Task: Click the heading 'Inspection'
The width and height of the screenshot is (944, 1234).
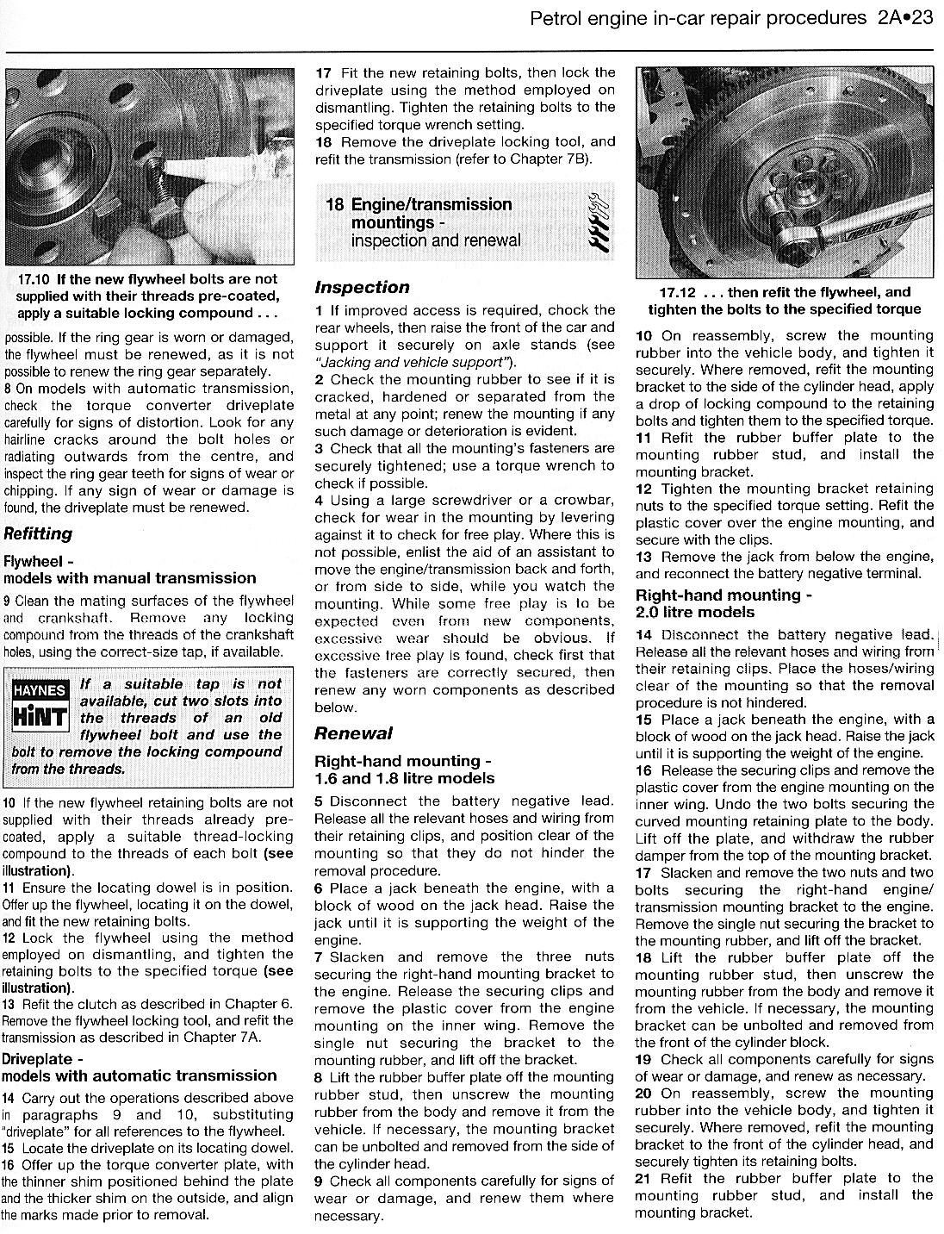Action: pos(362,287)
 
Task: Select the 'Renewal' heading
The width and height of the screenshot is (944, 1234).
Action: pos(353,733)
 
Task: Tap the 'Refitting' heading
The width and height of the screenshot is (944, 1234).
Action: pos(38,533)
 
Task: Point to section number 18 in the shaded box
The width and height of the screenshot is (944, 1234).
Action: pos(335,204)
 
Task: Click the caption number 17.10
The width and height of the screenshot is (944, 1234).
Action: pos(34,279)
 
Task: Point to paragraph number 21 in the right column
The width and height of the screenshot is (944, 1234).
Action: pos(644,1178)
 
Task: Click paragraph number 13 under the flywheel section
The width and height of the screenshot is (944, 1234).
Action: pos(9,1004)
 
